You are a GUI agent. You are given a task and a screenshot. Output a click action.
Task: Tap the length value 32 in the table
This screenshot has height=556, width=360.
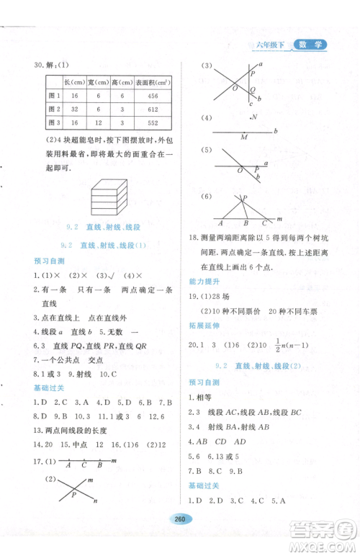[x=73, y=109]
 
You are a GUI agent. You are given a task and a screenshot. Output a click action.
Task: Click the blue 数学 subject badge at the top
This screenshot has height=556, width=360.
[x=310, y=45]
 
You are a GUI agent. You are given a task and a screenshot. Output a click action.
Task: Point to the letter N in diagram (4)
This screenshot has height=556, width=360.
[x=253, y=117]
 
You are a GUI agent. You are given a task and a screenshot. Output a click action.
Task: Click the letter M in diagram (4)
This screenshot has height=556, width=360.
[x=244, y=136]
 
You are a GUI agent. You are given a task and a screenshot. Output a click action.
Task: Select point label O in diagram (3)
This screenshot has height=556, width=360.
[x=234, y=88]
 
